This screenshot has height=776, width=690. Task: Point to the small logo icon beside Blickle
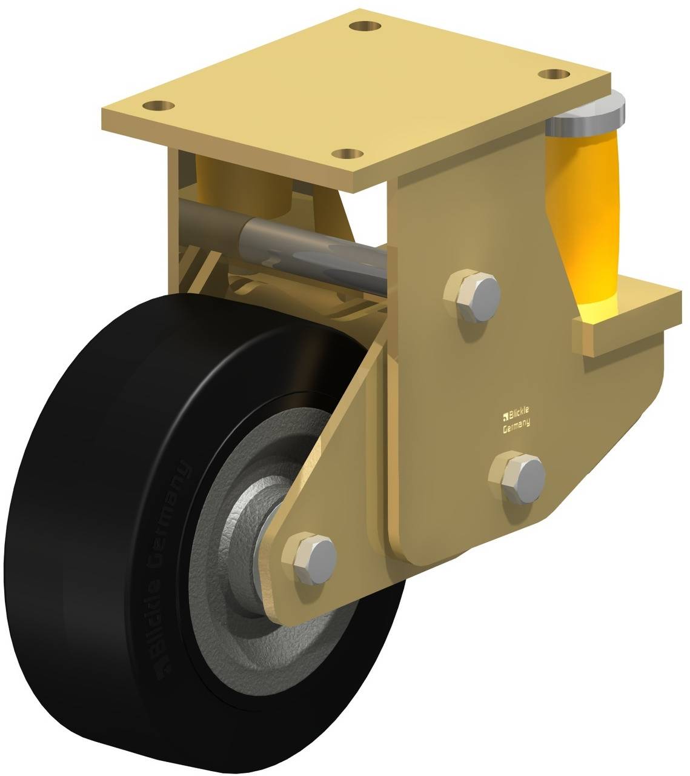(x=505, y=416)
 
